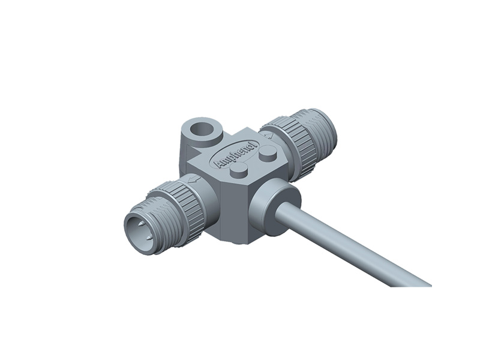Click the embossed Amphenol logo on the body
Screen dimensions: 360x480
click(235, 155)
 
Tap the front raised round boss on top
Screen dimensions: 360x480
click(239, 172)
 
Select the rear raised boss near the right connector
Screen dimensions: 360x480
click(268, 155)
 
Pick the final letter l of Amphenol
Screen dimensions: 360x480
click(254, 145)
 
